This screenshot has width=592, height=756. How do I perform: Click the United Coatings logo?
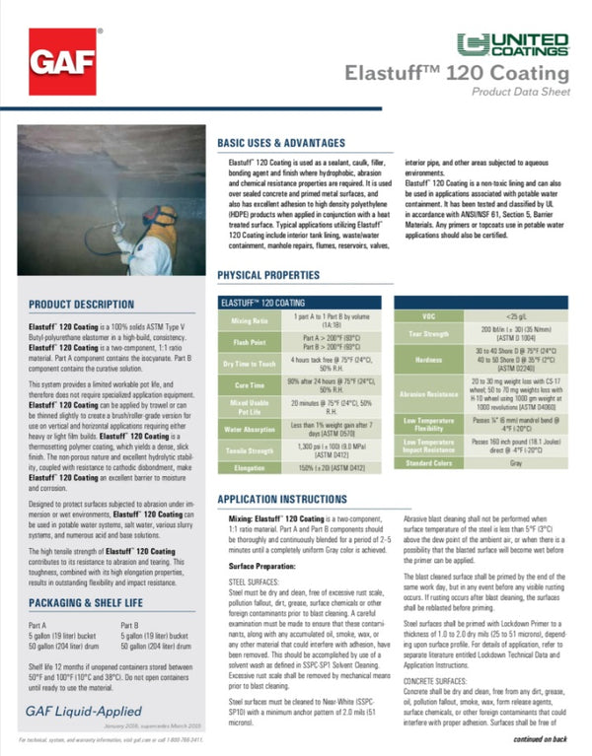(513, 42)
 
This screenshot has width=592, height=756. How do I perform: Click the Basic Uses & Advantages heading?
(281, 144)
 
